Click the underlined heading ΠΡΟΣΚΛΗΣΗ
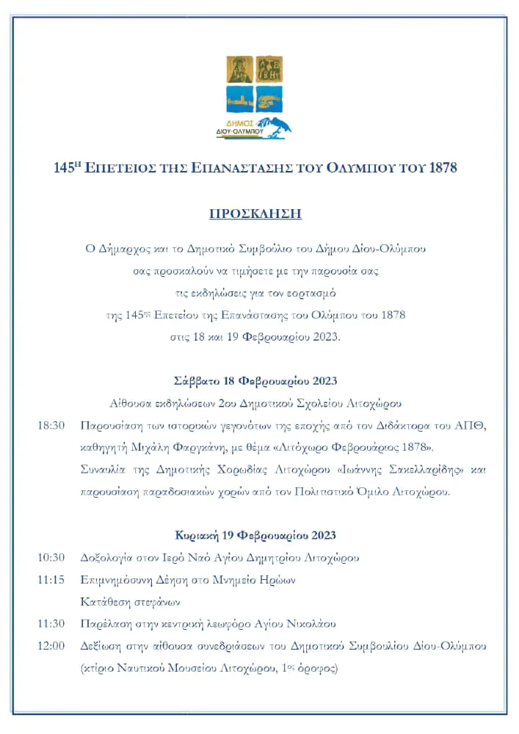255,214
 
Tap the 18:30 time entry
51,426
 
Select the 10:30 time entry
51,558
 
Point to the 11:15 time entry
51,580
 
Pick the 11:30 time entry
51,624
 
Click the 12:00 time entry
51,646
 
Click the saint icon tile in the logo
240,70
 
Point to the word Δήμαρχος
126,248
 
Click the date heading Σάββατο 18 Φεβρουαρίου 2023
255,381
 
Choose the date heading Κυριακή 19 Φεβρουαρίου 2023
255,535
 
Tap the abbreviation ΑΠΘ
473,426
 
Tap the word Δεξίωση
102,646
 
